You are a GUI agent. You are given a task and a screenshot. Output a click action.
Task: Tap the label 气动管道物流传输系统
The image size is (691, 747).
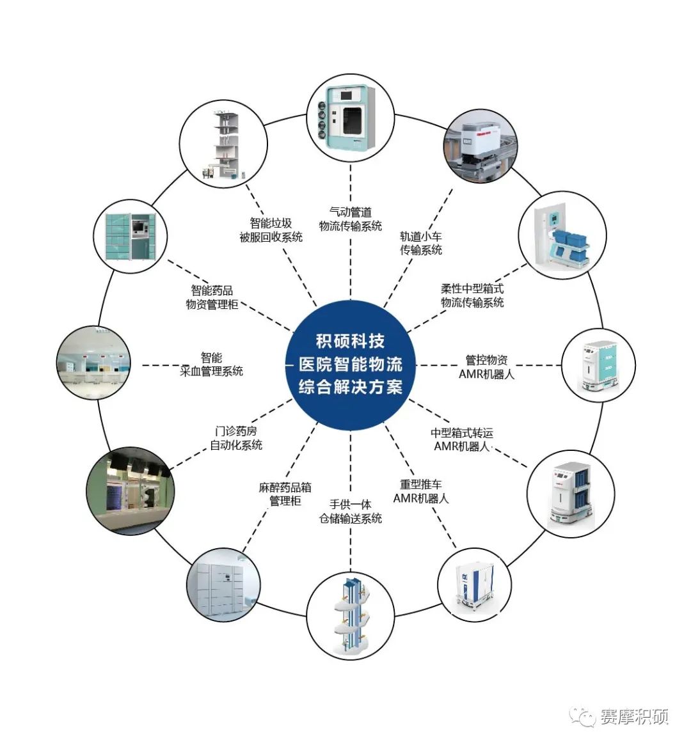point(351,219)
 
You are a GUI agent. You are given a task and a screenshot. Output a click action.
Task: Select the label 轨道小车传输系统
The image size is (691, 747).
point(421,243)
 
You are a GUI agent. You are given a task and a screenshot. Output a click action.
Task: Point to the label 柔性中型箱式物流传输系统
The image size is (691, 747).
point(472,295)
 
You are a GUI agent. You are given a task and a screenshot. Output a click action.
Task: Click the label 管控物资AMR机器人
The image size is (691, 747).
point(486,366)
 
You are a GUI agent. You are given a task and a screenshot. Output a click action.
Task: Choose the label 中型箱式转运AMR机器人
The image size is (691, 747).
point(462,439)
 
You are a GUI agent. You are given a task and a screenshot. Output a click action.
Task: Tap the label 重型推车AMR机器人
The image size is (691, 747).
point(420,491)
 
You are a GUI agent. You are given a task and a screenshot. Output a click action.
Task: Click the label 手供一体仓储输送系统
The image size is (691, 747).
point(351,511)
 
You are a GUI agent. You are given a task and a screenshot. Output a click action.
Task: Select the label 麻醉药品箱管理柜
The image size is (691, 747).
point(285,494)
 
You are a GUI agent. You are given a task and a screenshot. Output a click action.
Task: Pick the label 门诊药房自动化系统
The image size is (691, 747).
point(236,438)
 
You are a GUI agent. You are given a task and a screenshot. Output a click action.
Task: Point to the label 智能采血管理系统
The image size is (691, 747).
point(212,364)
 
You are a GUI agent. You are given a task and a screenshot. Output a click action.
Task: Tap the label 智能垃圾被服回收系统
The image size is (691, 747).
point(271,230)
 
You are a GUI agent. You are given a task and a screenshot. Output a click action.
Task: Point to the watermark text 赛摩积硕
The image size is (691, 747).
point(634,716)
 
